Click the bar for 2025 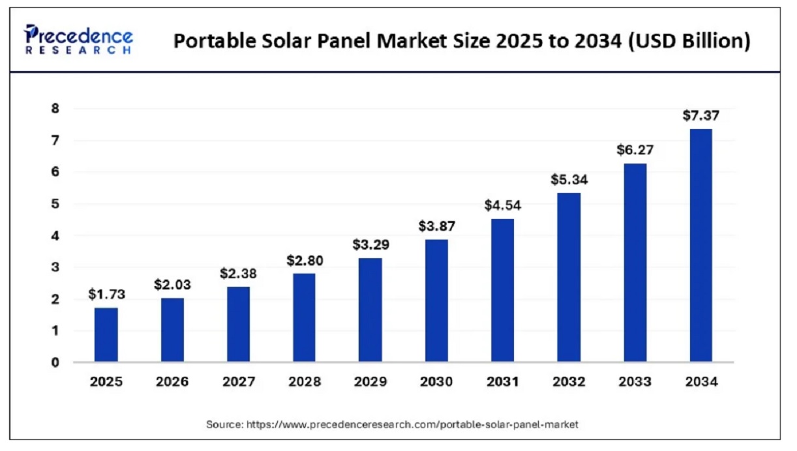(x=106, y=334)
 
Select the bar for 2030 (x=436, y=300)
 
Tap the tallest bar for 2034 (x=700, y=245)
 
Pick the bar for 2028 (x=304, y=317)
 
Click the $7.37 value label (x=700, y=115)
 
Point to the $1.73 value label (x=106, y=294)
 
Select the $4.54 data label (x=502, y=205)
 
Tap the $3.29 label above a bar (x=370, y=244)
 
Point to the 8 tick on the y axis (x=55, y=109)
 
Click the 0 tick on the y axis (x=55, y=362)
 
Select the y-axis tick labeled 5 (x=55, y=204)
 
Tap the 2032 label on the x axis (x=569, y=383)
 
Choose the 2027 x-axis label (x=238, y=383)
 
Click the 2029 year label (x=370, y=383)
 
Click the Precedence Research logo (x=78, y=40)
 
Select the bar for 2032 (x=569, y=277)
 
